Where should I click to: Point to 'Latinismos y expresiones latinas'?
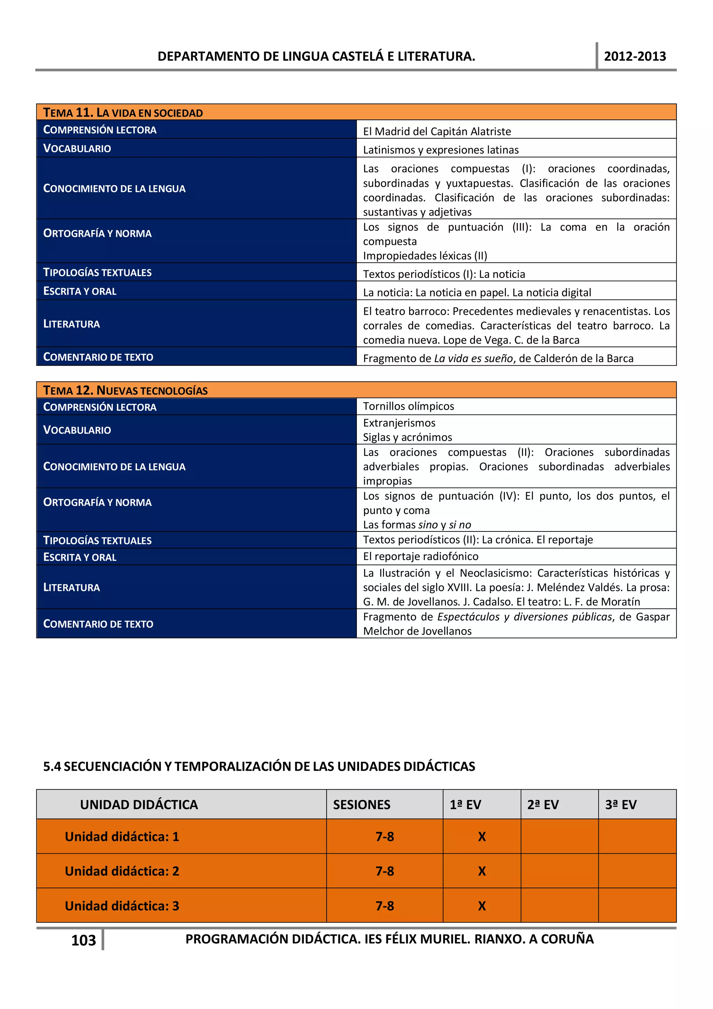(x=441, y=150)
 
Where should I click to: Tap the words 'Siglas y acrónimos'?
(x=407, y=437)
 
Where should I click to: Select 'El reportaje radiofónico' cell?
(x=421, y=556)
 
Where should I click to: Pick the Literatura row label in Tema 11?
(x=72, y=324)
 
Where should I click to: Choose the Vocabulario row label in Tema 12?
(x=77, y=430)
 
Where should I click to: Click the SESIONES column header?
(x=362, y=805)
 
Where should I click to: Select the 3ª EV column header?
(x=620, y=805)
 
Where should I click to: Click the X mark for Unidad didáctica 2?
(x=481, y=871)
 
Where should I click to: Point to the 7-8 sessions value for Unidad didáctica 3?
(x=384, y=906)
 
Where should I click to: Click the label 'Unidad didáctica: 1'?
(x=122, y=836)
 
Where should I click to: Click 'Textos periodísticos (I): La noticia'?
(x=444, y=274)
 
